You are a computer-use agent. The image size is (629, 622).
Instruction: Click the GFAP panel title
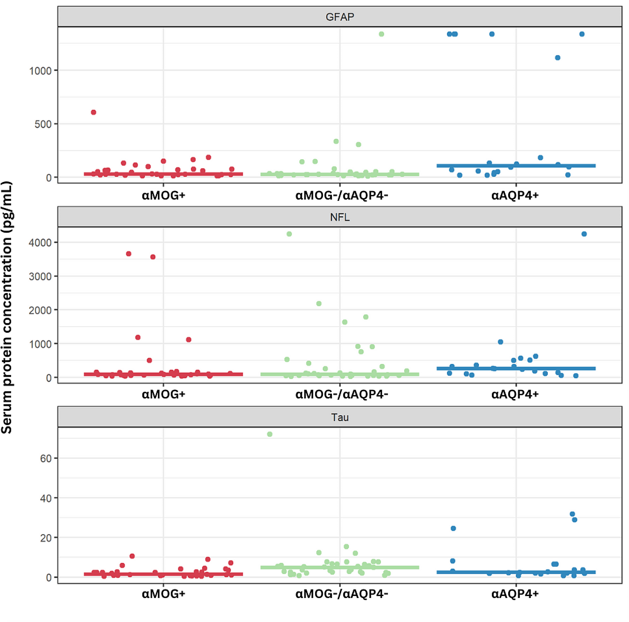[340, 17]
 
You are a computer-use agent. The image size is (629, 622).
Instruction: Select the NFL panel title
[340, 217]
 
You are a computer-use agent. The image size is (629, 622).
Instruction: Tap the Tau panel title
[340, 417]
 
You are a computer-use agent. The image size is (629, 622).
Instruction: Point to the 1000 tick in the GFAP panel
[40, 71]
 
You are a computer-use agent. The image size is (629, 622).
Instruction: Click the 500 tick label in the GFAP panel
[43, 124]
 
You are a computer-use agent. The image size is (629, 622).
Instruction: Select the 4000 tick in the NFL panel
[40, 242]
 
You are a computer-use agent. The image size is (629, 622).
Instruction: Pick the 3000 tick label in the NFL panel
[40, 276]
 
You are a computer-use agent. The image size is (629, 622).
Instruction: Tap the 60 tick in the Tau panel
[46, 458]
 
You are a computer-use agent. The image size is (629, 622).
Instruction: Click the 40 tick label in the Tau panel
[46, 498]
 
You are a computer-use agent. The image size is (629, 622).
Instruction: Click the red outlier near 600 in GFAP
[93, 112]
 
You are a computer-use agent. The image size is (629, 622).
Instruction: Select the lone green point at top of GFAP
[381, 34]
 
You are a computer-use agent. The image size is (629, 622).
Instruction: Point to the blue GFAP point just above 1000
[557, 58]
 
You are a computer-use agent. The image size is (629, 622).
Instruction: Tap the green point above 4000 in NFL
[289, 234]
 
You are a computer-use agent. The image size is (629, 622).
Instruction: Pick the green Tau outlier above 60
[270, 434]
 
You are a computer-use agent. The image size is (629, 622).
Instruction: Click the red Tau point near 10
[132, 556]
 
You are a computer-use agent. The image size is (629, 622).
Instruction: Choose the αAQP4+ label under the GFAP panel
[515, 195]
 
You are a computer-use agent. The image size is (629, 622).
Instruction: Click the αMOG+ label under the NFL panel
[164, 394]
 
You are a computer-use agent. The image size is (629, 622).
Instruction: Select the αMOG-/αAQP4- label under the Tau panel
[341, 594]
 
